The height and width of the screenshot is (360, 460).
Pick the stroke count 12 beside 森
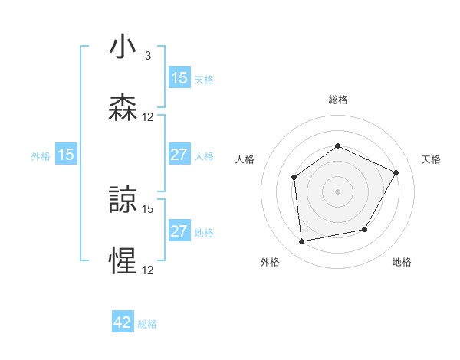click(x=148, y=116)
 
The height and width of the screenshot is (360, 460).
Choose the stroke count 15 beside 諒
click(x=148, y=208)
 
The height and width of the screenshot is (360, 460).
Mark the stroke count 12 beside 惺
click(x=148, y=270)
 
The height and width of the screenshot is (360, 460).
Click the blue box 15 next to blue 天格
click(x=179, y=78)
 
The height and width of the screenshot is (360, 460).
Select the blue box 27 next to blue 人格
click(x=179, y=155)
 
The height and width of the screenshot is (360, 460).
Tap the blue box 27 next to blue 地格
click(x=179, y=231)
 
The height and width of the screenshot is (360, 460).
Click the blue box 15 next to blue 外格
click(x=66, y=155)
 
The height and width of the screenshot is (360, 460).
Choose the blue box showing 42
click(x=123, y=322)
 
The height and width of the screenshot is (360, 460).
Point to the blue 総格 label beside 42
click(x=147, y=324)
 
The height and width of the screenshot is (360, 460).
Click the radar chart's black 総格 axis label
click(x=338, y=100)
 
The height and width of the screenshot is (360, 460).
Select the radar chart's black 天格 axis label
click(x=431, y=159)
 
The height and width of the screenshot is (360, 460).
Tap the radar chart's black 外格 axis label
click(x=270, y=262)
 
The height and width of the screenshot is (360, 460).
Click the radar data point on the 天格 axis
click(x=396, y=173)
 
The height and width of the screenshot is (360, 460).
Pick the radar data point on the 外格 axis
click(x=302, y=242)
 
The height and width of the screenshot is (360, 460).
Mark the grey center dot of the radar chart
click(x=338, y=191)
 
